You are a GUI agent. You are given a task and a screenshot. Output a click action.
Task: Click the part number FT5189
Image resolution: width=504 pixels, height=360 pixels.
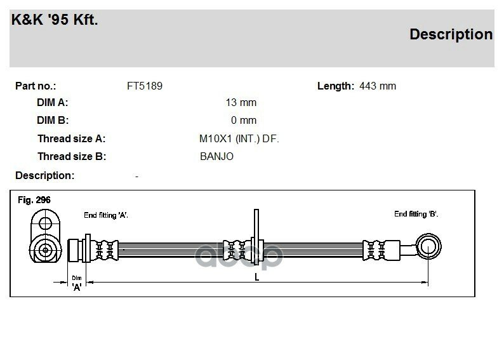(x=145, y=86)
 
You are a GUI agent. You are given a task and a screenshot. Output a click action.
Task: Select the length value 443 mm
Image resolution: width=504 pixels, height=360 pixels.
(x=378, y=86)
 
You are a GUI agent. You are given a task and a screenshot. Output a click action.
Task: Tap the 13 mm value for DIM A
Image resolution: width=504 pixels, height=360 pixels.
(x=241, y=102)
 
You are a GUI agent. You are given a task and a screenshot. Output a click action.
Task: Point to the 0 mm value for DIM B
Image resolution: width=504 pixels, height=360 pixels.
(x=244, y=120)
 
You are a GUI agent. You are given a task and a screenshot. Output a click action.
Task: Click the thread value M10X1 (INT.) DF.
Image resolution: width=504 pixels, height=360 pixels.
(x=239, y=138)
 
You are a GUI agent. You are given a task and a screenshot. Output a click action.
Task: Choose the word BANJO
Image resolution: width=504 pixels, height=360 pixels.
(x=216, y=156)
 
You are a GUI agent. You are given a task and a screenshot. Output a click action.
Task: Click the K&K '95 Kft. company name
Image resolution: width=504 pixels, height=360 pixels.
(x=55, y=20)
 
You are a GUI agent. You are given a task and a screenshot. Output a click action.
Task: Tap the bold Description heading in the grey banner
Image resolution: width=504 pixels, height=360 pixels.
(x=451, y=34)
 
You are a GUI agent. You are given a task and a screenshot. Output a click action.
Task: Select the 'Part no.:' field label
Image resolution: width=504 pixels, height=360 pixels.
(x=36, y=86)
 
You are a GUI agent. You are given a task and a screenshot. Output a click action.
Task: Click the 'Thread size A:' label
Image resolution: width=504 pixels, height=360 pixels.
(x=71, y=138)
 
